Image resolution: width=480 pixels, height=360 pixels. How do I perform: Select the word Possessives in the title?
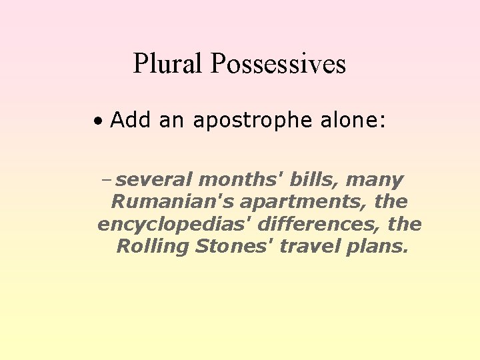(x=278, y=64)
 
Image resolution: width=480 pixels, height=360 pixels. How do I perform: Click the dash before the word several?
(x=108, y=180)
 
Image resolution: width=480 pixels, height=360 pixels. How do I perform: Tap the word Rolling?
(x=153, y=247)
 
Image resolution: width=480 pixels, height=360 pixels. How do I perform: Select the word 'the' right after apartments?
(x=391, y=201)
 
